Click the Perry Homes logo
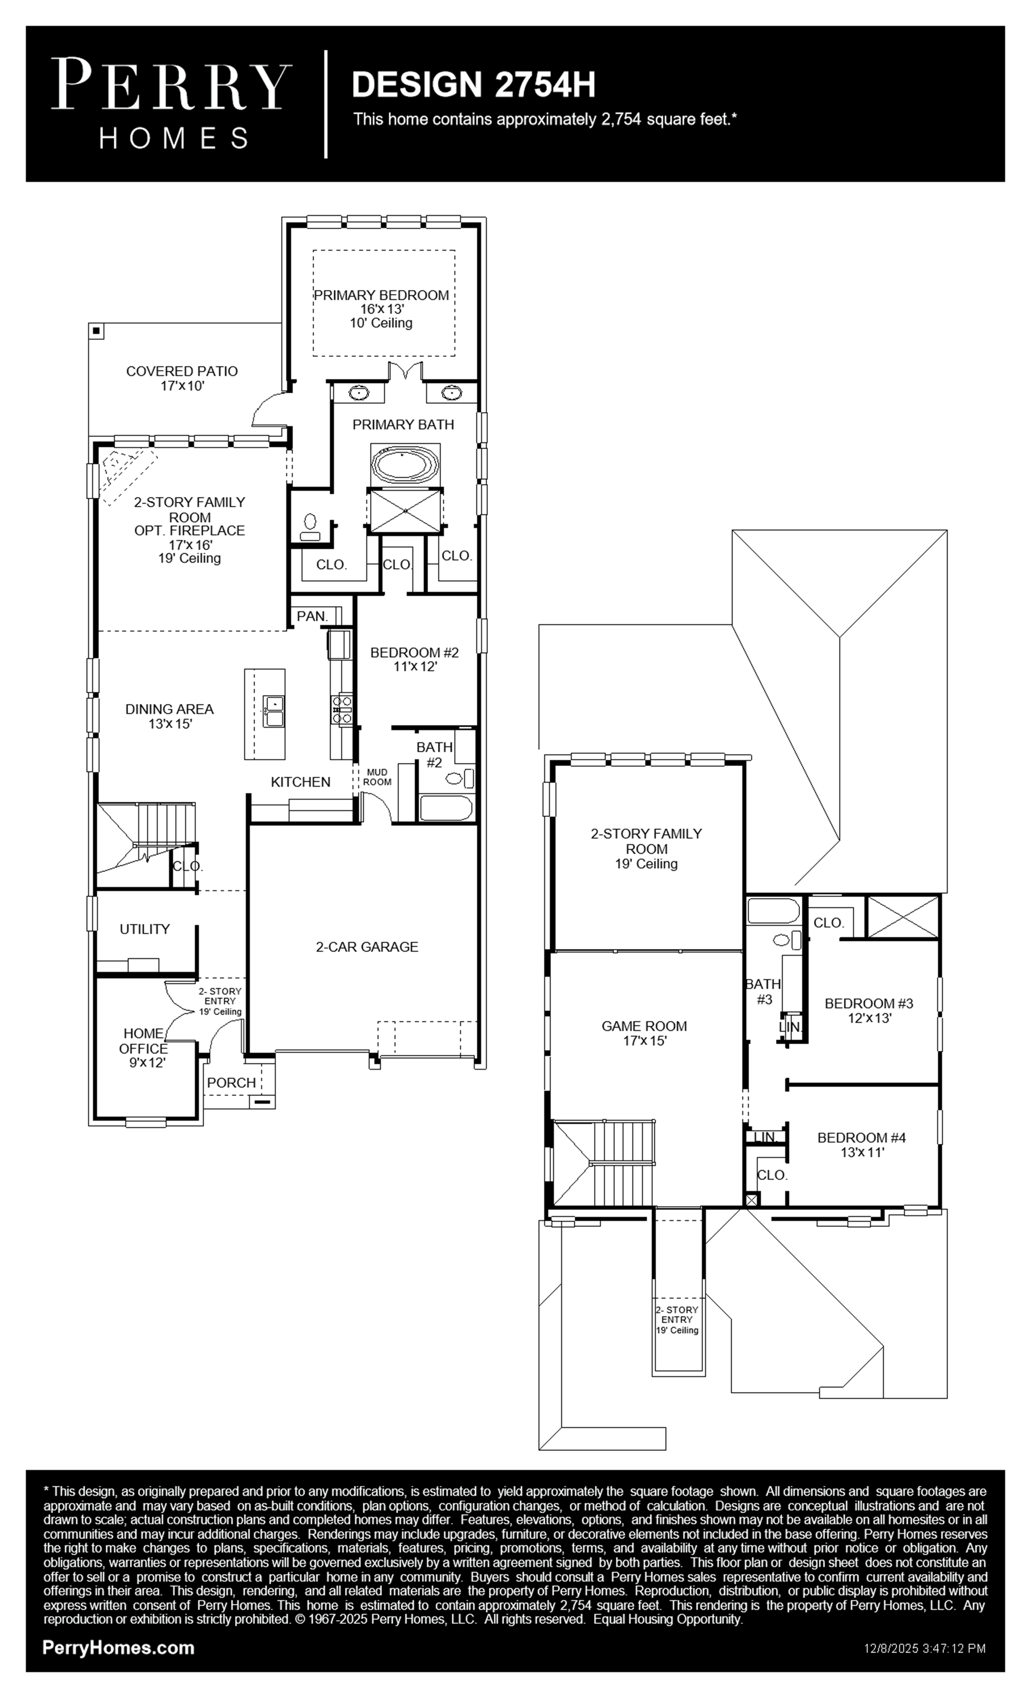click(x=171, y=103)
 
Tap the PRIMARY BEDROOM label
click(x=381, y=295)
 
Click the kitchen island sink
click(x=274, y=710)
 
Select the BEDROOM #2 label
click(x=414, y=652)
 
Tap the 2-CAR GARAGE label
click(x=367, y=947)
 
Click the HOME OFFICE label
click(x=144, y=1041)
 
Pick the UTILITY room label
click(x=145, y=929)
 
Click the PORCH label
click(x=232, y=1083)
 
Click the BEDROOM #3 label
click(x=869, y=1003)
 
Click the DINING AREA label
click(x=169, y=709)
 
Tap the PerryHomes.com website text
click(x=118, y=1647)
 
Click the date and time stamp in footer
click(x=925, y=1648)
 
